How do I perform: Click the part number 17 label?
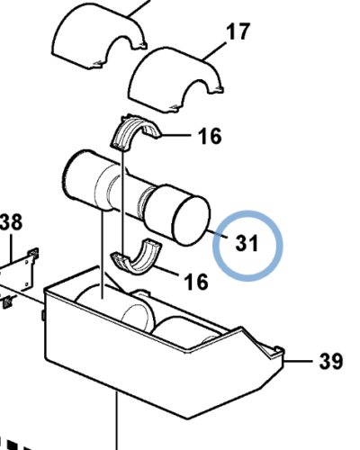238,32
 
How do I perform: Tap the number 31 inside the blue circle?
247,243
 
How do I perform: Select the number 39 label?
331,361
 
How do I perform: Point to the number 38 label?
11,222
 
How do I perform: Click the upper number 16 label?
210,136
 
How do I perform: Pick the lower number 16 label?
196,282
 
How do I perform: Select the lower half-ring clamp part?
137,256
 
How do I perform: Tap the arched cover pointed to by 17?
175,78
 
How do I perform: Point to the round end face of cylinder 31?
192,220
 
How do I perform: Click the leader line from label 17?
215,52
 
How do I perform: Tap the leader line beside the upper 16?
176,136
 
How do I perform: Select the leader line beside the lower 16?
166,269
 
